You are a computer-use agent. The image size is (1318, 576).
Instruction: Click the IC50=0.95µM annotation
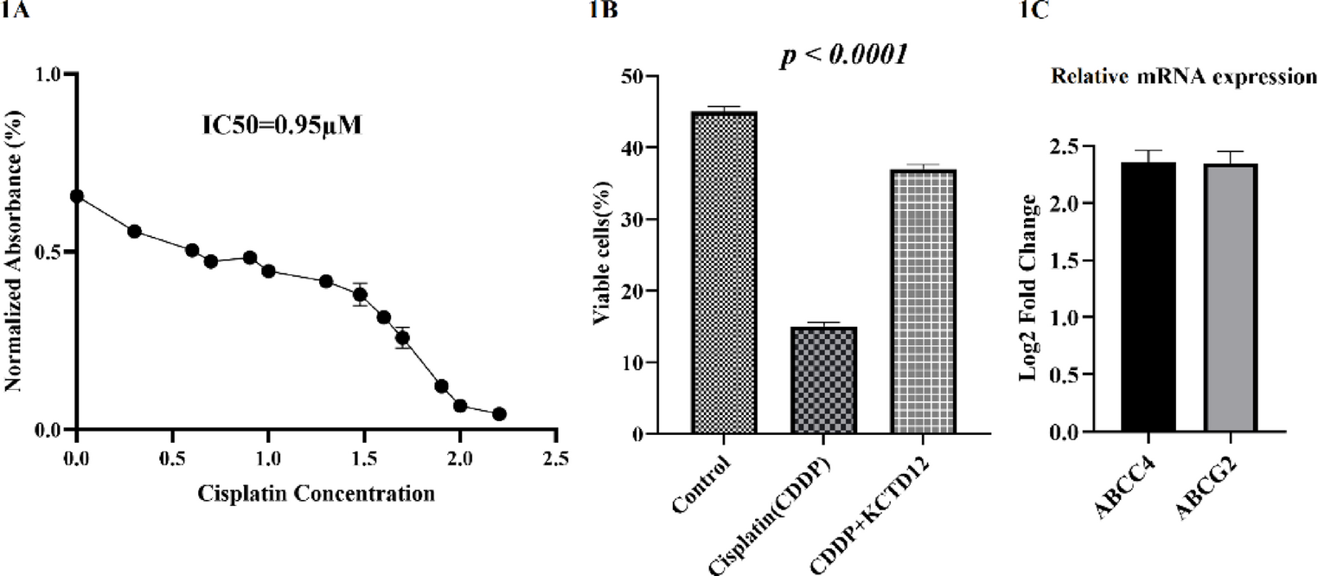click(282, 125)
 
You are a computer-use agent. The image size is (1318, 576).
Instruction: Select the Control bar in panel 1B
click(724, 272)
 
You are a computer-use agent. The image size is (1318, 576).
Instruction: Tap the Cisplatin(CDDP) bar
click(823, 380)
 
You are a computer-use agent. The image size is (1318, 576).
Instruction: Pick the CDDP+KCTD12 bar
click(923, 302)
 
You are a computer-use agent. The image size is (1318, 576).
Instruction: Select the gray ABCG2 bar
click(1231, 298)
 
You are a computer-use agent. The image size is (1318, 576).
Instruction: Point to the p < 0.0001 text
click(843, 55)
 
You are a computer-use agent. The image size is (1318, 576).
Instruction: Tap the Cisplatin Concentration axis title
click(316, 493)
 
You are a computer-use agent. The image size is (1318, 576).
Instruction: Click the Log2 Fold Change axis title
click(1028, 288)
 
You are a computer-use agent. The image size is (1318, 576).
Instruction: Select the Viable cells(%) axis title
click(602, 253)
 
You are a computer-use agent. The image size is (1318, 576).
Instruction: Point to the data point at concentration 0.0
click(76, 196)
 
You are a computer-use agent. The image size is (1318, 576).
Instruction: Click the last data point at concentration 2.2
click(499, 414)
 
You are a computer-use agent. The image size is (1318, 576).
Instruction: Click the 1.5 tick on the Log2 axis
click(1065, 260)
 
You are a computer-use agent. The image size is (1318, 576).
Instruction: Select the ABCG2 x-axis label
click(1206, 490)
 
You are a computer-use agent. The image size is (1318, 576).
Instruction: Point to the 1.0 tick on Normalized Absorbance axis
click(48, 74)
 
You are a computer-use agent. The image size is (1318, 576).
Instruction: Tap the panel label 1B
click(603, 10)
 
